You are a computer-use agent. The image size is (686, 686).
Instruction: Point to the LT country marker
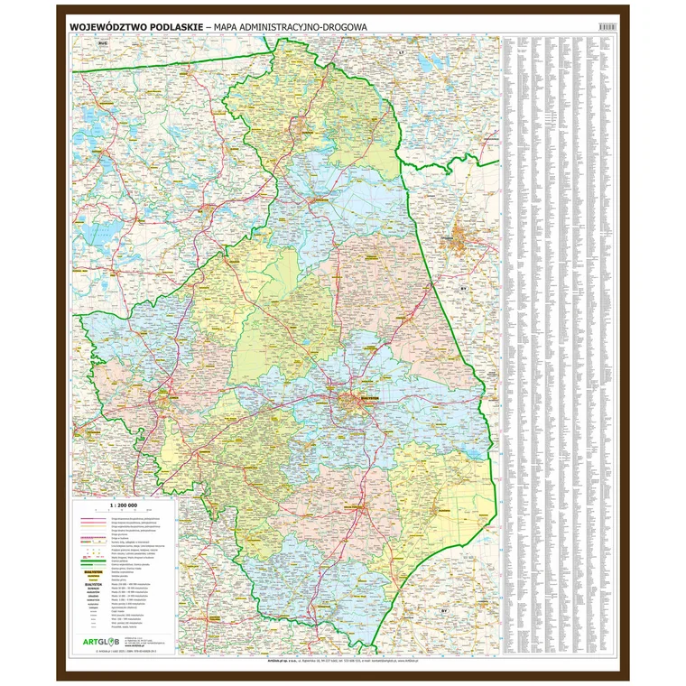point(401,54)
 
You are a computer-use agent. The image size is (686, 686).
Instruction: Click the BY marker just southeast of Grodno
point(463,288)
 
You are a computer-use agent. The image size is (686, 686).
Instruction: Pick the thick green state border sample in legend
point(91,566)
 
